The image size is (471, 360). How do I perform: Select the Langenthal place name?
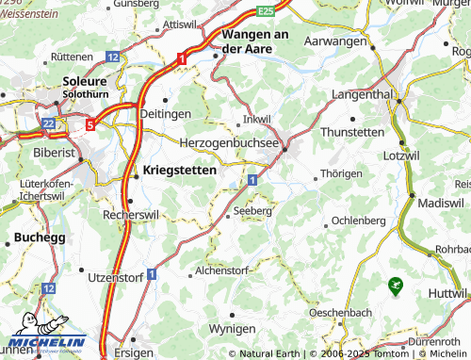(x=367, y=96)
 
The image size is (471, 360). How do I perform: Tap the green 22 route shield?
(x=49, y=123)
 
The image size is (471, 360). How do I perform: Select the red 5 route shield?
(x=90, y=123)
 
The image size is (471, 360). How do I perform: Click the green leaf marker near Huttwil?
(x=394, y=282)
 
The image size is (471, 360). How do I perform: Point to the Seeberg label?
(x=252, y=211)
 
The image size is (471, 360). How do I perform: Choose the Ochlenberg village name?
(x=359, y=220)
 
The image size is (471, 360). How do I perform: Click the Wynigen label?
(x=231, y=329)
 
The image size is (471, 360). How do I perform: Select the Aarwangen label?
(x=334, y=42)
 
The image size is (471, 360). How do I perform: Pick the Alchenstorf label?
(x=219, y=270)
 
